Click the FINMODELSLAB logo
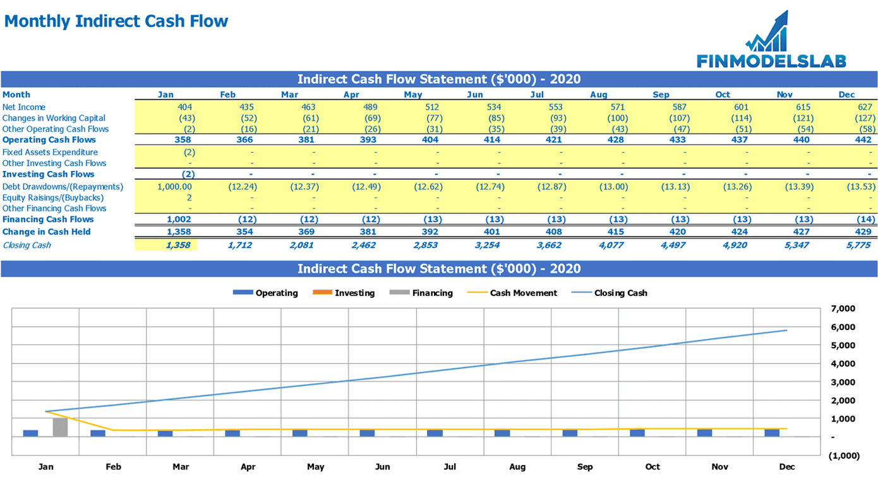tap(771, 42)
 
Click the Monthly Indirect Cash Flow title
tap(116, 21)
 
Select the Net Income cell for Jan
tap(185, 107)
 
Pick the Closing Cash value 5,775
tap(858, 245)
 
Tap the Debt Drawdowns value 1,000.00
tap(174, 187)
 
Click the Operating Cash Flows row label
tap(49, 140)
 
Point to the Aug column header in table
tap(599, 95)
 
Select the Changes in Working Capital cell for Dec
tap(863, 118)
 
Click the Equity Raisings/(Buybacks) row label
tap(53, 197)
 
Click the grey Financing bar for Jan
tap(60, 427)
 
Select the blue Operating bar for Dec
tap(772, 433)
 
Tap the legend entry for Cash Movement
tap(524, 293)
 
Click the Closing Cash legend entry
tap(620, 293)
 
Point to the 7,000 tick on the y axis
tap(843, 309)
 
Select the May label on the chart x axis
tap(315, 467)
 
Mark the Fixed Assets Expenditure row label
tap(50, 152)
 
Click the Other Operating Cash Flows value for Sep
tap(679, 129)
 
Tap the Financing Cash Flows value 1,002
tap(179, 220)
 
